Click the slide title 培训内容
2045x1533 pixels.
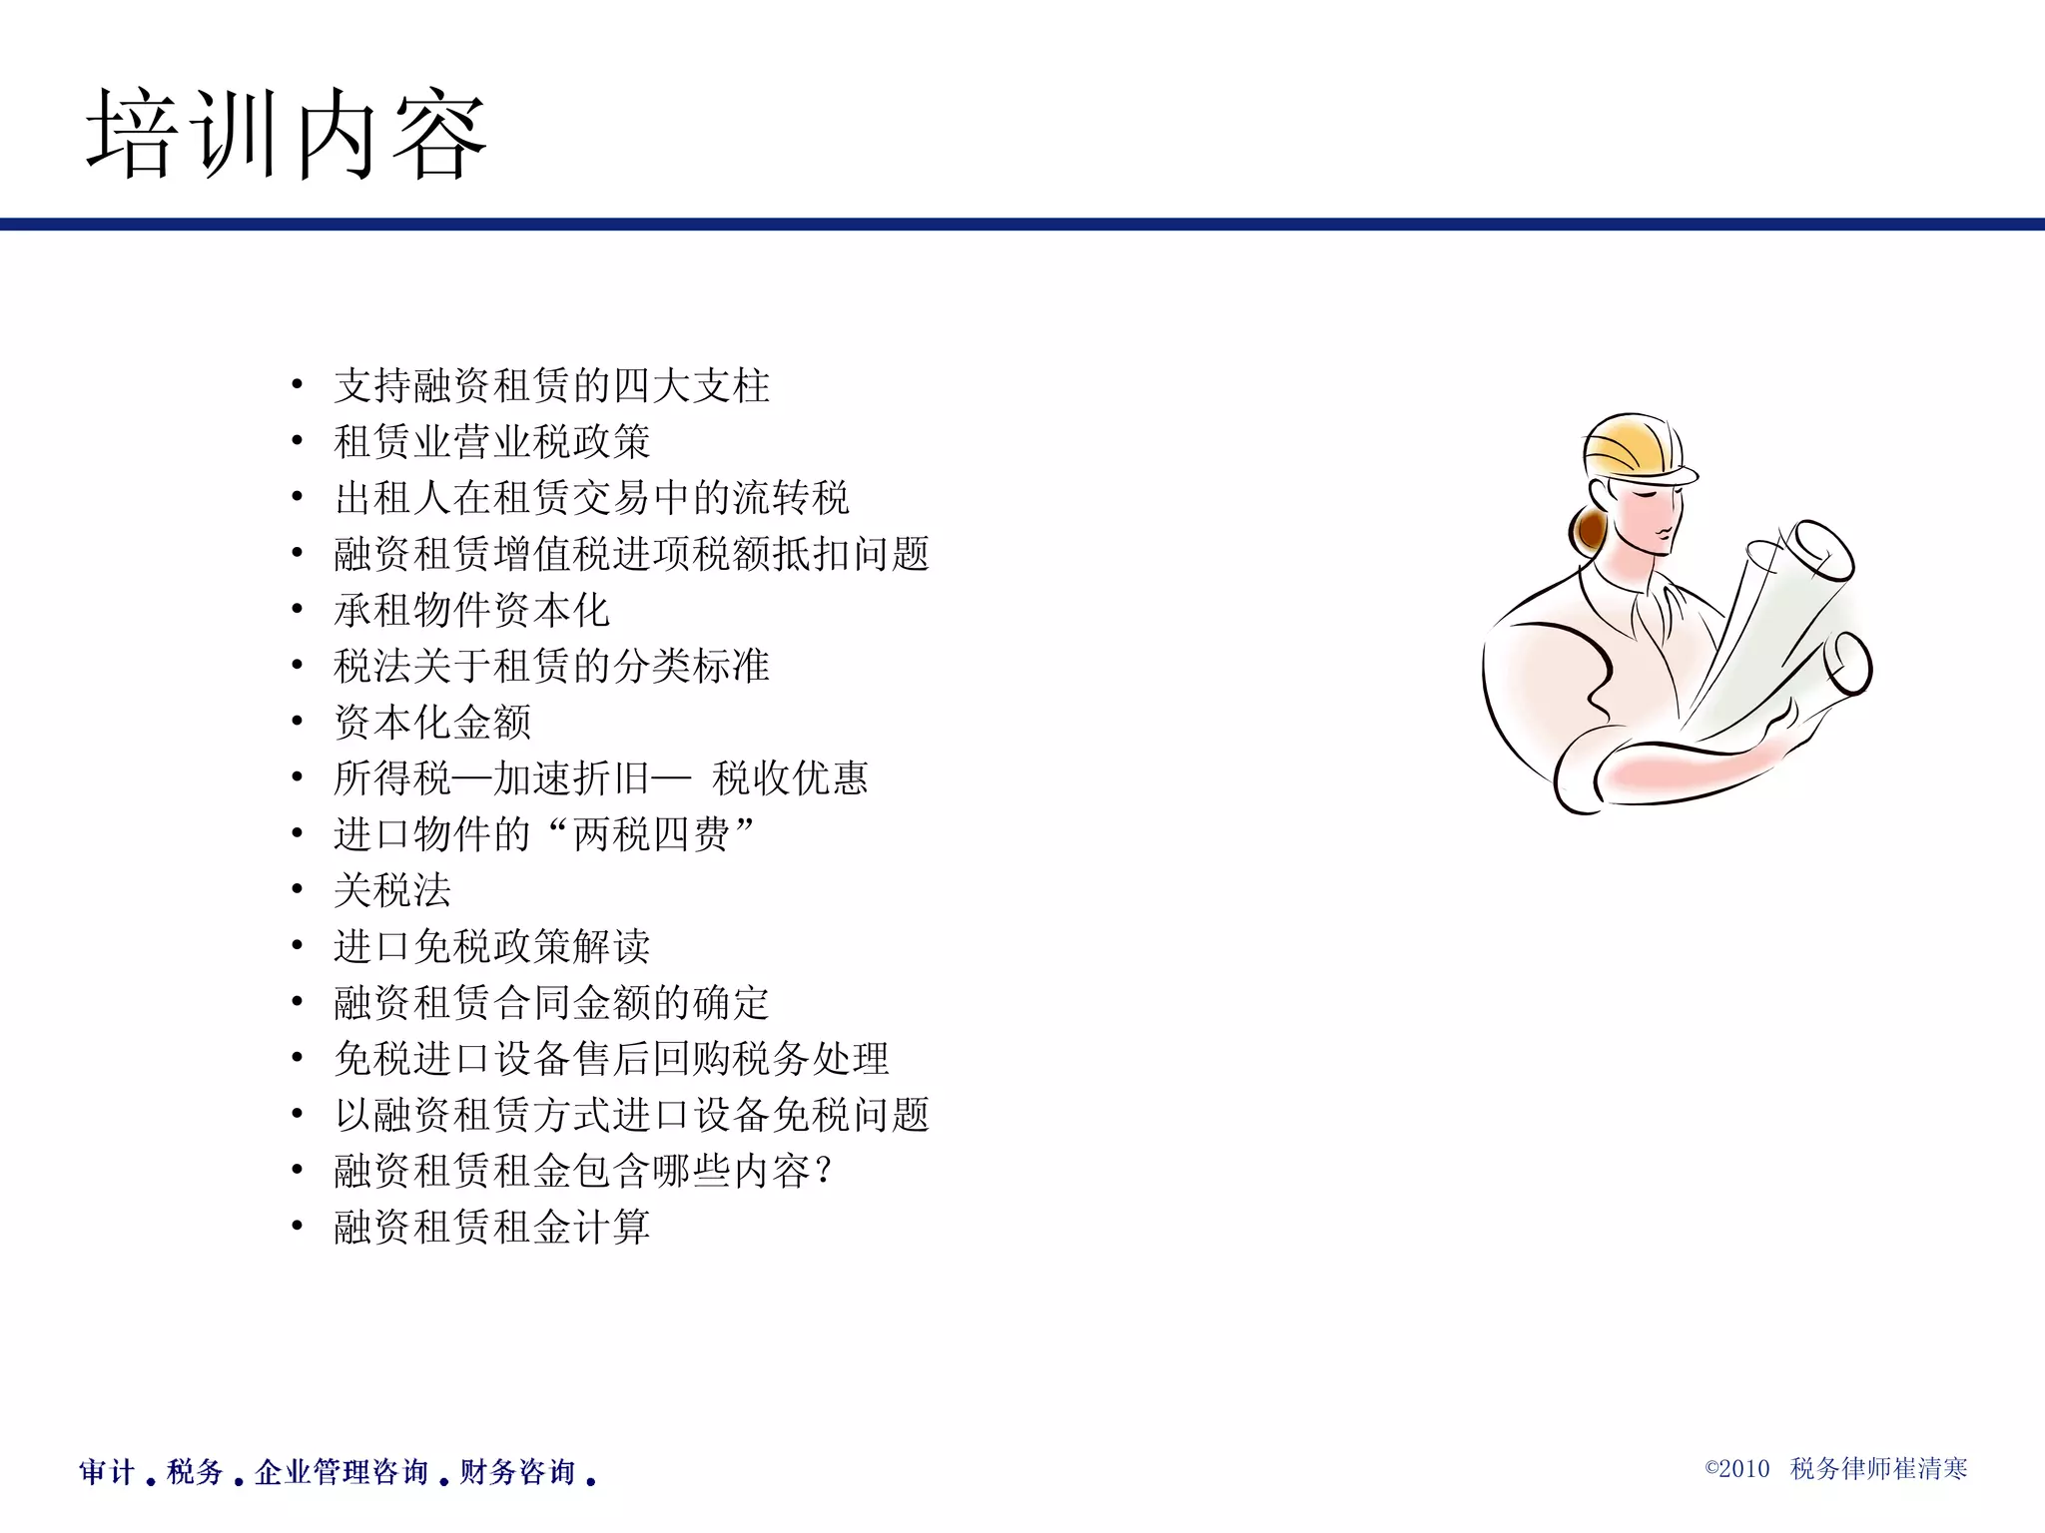pos(287,135)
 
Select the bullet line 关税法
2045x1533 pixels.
pos(392,890)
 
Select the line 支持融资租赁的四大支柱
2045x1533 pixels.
pos(551,386)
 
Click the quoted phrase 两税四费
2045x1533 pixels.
pos(651,834)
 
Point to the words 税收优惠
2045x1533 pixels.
pos(790,778)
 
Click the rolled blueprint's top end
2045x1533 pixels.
pos(1822,549)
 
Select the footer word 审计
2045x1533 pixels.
pos(107,1472)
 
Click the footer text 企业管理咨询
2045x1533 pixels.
pos(341,1472)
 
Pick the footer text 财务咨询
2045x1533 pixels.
pos(517,1472)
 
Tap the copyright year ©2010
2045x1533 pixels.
pos(1736,1469)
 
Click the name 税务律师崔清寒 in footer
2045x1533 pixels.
pos(1878,1469)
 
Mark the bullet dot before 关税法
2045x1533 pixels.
pos(297,890)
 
